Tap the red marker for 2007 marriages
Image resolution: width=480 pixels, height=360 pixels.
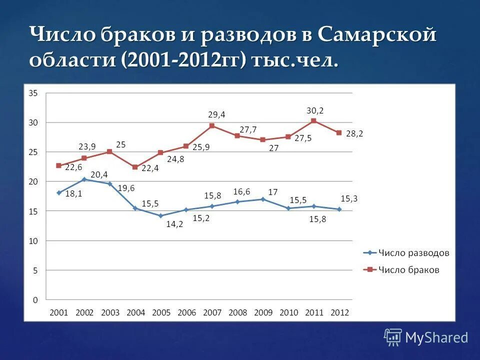click(212, 126)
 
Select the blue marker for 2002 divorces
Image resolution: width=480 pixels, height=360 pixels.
click(84, 179)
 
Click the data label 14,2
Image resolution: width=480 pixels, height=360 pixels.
click(175, 224)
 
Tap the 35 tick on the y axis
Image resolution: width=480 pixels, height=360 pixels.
click(33, 93)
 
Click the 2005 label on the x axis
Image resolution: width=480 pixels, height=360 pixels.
click(161, 312)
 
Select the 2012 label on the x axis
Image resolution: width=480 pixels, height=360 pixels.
click(340, 312)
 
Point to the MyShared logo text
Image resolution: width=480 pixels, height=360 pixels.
click(436, 337)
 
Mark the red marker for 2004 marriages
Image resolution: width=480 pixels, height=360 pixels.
click(135, 167)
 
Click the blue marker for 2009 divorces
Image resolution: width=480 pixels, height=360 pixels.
click(263, 199)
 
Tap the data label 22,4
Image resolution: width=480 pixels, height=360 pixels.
click(150, 168)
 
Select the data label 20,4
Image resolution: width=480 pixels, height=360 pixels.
click(99, 174)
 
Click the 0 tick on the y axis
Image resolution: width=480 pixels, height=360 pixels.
click(35, 300)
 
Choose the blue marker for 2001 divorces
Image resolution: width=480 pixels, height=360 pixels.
click(59, 192)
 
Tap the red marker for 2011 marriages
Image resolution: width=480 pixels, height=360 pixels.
click(313, 120)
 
